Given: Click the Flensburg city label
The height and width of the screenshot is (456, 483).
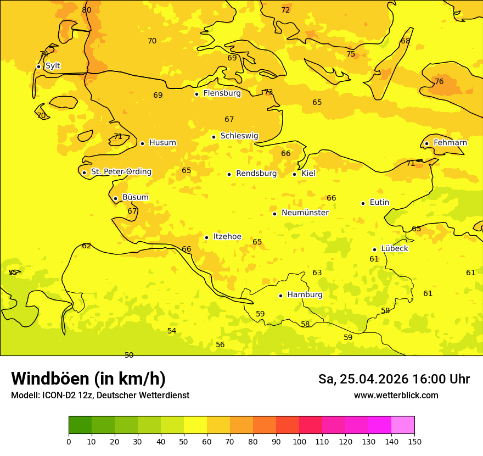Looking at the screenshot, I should [x=222, y=93].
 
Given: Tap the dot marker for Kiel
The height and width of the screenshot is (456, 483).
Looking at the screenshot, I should [x=295, y=174].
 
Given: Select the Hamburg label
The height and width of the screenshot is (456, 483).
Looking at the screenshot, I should [x=305, y=295].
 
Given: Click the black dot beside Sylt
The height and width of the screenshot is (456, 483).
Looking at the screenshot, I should [x=38, y=66].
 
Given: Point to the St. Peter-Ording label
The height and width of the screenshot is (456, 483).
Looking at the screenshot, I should [x=121, y=172].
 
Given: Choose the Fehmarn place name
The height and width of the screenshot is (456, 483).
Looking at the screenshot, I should [x=450, y=143].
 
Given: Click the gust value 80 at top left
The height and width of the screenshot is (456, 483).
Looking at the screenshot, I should [x=87, y=10].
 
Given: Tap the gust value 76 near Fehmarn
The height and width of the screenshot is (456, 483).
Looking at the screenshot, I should [x=439, y=81].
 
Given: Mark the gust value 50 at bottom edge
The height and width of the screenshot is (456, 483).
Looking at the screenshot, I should [x=129, y=354].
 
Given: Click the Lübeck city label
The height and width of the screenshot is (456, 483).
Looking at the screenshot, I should [x=394, y=249].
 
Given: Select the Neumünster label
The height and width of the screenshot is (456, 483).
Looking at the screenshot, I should [x=305, y=213].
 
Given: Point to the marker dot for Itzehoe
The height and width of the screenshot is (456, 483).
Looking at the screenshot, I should [x=206, y=237].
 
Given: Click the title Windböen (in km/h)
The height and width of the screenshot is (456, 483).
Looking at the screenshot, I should [x=88, y=379].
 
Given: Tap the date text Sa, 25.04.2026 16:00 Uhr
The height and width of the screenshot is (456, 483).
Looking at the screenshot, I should [x=394, y=379].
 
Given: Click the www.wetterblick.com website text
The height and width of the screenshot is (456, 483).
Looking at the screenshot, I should [x=396, y=396].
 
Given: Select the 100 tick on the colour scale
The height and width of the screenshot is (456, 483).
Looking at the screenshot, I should [x=299, y=441].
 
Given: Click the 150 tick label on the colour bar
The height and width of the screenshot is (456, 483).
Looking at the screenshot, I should [x=414, y=441].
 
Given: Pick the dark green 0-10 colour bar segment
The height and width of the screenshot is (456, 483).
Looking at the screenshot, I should [x=80, y=425].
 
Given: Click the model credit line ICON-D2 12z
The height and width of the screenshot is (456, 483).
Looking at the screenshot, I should [x=100, y=396].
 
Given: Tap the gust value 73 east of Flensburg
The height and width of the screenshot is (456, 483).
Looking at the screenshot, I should [x=268, y=92].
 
